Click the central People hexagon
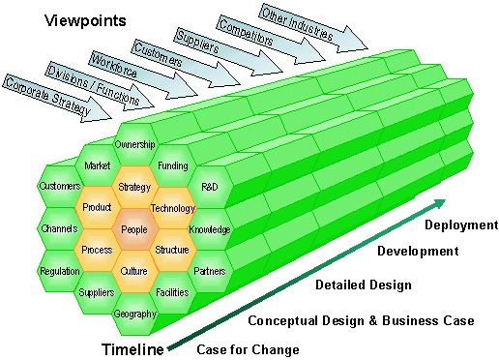coord(134,229)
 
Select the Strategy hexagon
coord(134,186)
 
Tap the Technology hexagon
coord(173,208)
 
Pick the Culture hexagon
coord(134,271)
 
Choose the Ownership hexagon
coord(134,145)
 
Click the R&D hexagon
coord(210,186)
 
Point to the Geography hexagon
coord(134,314)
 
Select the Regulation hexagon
coord(59,271)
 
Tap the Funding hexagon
coord(172,165)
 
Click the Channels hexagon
coord(59,229)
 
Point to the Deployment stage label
coord(460,225)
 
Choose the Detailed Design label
coord(363,285)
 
